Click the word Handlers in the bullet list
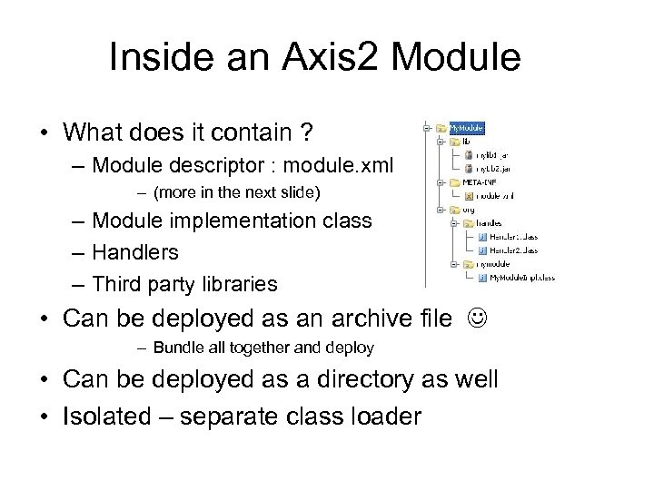[x=135, y=251]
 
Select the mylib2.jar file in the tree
[x=490, y=168]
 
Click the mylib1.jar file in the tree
[x=490, y=155]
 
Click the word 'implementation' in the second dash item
[x=244, y=222]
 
